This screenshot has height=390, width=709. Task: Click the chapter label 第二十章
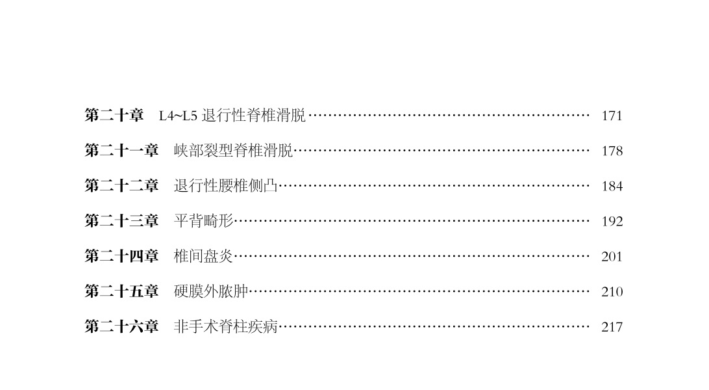[114, 116]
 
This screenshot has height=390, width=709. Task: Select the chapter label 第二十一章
[121, 151]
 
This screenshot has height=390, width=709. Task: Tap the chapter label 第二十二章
[121, 186]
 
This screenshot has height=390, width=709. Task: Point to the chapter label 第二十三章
[121, 221]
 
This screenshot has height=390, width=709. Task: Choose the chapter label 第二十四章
[121, 256]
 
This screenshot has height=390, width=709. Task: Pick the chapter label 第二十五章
[121, 291]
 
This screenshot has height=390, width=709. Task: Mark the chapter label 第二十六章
[121, 326]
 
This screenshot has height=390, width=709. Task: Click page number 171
[612, 116]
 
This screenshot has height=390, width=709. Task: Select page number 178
[612, 151]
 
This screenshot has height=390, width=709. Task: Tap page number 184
[612, 187]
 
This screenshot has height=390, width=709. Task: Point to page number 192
[612, 222]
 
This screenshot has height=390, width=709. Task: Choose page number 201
[612, 257]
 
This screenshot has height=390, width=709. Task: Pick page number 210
[612, 292]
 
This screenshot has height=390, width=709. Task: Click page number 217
[612, 327]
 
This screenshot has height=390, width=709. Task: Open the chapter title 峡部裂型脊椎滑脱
[233, 151]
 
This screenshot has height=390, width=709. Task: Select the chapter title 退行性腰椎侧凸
[226, 186]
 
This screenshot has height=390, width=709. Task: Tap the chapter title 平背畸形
[203, 221]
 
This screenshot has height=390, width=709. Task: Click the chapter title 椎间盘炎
[203, 256]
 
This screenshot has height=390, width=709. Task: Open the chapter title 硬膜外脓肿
[211, 291]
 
